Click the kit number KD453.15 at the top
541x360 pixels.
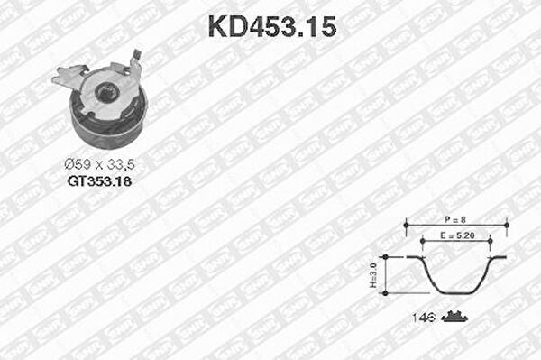point(272,27)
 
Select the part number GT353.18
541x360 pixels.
point(100,181)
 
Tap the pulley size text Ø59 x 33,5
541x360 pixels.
point(100,164)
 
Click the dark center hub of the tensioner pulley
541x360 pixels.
point(106,93)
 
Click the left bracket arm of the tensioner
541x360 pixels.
point(68,75)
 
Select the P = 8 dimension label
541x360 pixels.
point(455,219)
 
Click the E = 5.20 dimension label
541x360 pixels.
point(457,235)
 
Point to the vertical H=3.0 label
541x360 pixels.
point(373,275)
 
